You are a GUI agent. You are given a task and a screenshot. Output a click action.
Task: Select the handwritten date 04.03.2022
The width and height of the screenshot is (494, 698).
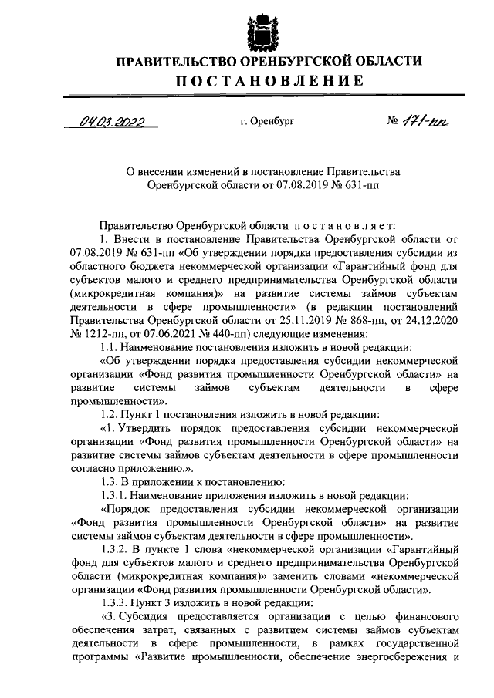[113, 122]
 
